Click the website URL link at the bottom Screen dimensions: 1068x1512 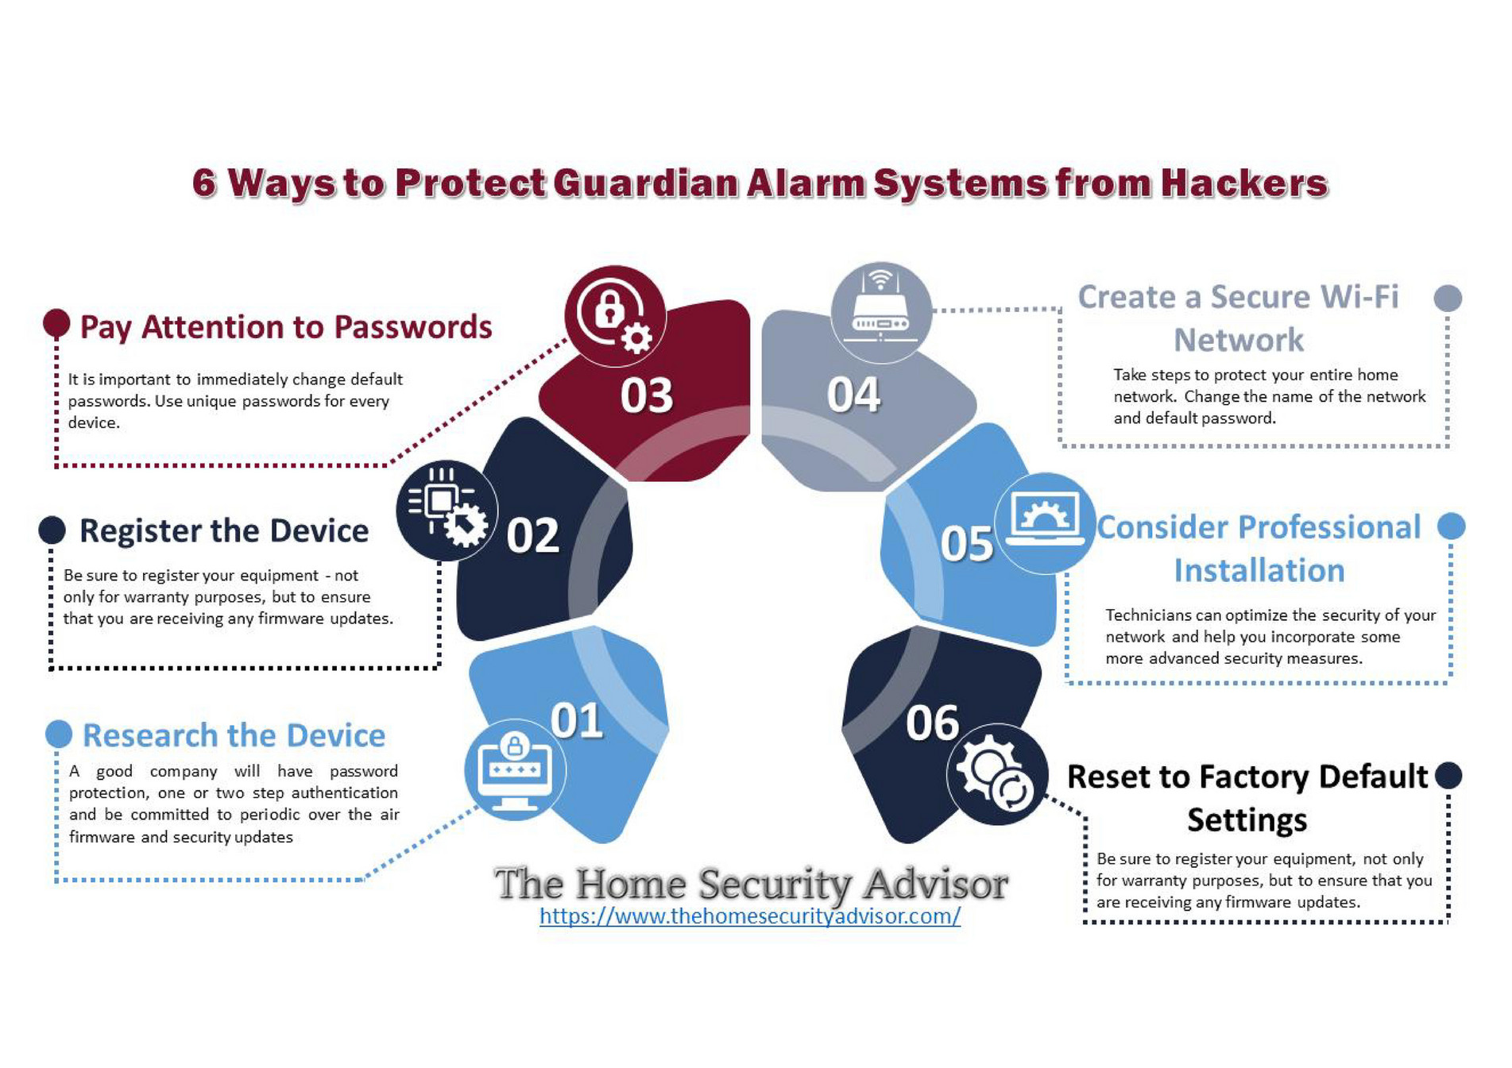coord(749,916)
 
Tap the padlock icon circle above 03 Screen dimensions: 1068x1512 coord(615,316)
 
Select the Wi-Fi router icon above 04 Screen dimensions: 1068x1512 coord(880,313)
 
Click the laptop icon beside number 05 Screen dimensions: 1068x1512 coord(1044,522)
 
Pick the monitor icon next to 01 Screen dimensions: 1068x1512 coord(515,770)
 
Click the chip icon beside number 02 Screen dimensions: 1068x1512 coord(447,510)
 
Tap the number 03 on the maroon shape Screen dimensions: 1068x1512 coord(646,395)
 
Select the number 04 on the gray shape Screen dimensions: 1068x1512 coord(853,395)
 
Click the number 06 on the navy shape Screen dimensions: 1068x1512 coord(932,723)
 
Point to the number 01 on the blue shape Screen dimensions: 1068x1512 coord(577,721)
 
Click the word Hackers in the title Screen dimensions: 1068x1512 coord(1243,183)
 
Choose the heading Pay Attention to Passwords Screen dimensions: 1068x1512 coord(286,327)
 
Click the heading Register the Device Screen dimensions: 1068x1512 coord(224,530)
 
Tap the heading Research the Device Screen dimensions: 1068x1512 coord(234,735)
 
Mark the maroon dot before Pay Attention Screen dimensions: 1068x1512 coord(56,322)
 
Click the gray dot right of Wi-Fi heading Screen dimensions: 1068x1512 coord(1448,299)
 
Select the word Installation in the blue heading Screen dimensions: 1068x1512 coord(1259,570)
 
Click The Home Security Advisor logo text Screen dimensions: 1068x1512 coord(750,883)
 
